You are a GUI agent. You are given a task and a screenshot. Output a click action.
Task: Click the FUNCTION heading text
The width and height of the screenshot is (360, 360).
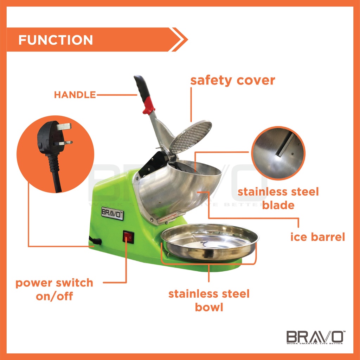(x=56, y=40)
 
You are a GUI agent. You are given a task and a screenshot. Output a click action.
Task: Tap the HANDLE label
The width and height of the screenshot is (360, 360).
(x=75, y=95)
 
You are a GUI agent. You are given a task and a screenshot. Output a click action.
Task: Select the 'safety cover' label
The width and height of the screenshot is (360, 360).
(x=232, y=80)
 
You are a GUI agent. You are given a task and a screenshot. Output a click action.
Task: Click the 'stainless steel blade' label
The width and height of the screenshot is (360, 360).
(x=278, y=198)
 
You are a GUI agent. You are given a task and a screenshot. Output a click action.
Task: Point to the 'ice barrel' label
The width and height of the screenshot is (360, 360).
(x=317, y=237)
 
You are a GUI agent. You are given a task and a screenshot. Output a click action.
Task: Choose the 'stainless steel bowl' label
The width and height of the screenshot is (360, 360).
(x=209, y=300)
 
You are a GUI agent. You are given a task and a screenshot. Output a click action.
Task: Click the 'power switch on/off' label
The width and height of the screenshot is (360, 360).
(x=54, y=289)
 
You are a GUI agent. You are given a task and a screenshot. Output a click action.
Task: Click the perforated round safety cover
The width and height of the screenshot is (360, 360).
(x=191, y=137)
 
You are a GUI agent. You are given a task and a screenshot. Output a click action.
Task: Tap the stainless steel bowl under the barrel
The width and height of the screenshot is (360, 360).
(x=210, y=242)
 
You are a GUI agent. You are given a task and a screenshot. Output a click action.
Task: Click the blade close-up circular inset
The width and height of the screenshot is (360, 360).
(x=278, y=153)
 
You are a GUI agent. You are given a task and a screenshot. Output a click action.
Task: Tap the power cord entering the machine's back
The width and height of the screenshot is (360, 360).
(x=96, y=241)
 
